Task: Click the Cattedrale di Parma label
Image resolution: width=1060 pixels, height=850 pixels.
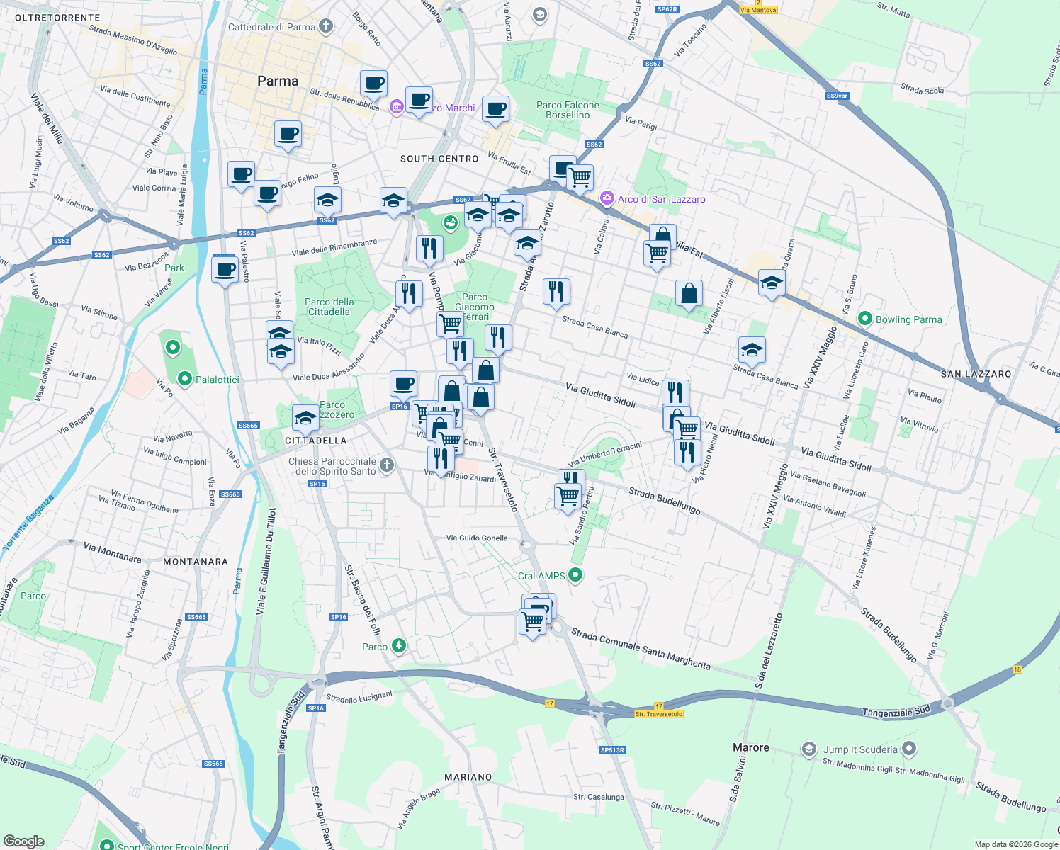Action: point(271,27)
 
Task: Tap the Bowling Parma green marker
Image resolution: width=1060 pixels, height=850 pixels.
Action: point(864,319)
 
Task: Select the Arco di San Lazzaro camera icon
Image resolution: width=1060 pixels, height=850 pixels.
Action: point(607,198)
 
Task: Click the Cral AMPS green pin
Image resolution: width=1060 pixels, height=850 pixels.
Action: point(576,575)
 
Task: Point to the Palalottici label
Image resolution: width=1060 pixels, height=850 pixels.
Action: point(218,380)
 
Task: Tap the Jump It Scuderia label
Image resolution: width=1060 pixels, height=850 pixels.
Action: point(860,749)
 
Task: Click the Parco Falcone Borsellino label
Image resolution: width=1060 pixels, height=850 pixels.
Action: point(568,110)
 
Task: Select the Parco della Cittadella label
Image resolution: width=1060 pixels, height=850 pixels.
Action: point(329,307)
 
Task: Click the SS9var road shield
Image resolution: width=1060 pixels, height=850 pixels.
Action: point(837,96)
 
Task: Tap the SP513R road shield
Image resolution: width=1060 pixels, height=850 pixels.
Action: point(612,749)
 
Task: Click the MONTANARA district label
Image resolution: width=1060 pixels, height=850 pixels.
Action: point(196,562)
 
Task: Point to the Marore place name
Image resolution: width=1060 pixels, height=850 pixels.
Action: point(750,747)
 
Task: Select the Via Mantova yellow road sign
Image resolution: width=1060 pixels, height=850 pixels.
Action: point(758,10)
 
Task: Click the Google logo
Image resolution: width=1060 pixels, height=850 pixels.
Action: point(23,841)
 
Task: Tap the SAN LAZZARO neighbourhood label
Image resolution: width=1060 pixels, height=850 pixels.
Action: point(976,374)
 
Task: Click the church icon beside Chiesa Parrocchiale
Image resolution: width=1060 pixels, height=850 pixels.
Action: point(386,465)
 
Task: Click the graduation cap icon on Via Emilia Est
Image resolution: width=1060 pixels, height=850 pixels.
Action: point(772,283)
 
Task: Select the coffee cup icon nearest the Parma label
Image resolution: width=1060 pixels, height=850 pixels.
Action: point(288,133)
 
